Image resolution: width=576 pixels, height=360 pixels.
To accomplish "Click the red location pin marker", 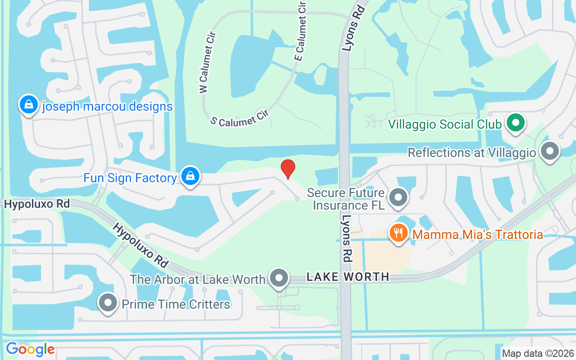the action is (288, 169).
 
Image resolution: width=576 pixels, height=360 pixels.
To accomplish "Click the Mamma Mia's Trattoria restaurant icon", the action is (398, 234).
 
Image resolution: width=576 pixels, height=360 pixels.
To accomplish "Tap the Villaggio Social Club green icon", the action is (516, 122).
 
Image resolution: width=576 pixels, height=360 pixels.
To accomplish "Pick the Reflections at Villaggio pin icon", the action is (550, 151).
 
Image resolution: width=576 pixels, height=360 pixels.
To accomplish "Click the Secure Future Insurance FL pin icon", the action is (398, 198).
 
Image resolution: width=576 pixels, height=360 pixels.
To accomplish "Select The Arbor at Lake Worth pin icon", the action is (279, 278).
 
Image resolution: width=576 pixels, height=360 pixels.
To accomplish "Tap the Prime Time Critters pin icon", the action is (108, 303).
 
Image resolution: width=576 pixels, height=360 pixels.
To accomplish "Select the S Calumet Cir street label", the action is (239, 117).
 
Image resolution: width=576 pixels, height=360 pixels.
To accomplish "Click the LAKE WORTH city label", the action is (347, 277).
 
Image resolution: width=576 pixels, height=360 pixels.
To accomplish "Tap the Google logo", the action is (30, 349).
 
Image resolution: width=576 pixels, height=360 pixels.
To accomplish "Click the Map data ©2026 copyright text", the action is (538, 353).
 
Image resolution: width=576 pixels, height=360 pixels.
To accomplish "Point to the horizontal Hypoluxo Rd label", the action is (37, 204).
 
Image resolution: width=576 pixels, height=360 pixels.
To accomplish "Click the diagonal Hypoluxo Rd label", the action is (139, 244).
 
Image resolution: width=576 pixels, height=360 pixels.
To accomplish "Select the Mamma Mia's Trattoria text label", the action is (477, 234).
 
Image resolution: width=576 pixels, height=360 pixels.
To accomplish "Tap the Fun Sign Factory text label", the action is (130, 178).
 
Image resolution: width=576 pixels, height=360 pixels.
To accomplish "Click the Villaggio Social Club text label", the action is (445, 124).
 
